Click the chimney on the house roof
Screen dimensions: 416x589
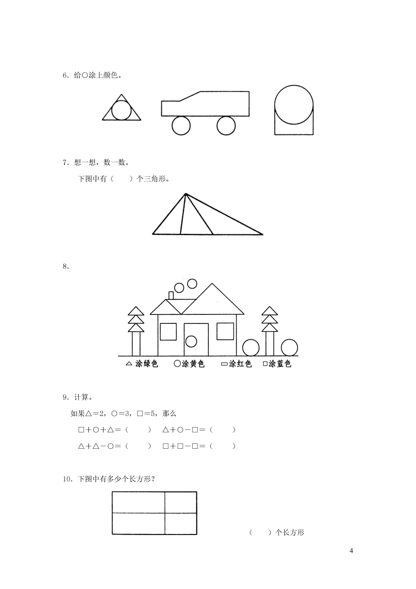coord(171,295)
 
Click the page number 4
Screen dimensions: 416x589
coord(351,551)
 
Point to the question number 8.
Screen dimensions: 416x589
coord(66,267)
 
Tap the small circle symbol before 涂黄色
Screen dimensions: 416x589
coord(177,364)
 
